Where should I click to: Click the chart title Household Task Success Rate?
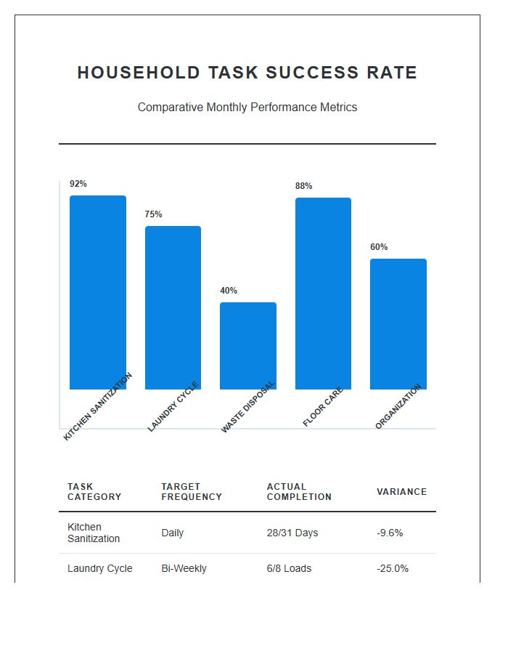click(247, 73)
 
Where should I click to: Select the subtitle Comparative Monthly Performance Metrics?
click(247, 107)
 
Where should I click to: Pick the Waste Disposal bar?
click(248, 346)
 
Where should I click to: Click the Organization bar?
click(398, 324)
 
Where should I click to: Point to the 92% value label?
click(78, 184)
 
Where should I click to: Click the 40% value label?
click(229, 291)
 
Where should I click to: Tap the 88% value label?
click(303, 186)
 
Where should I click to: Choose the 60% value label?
click(379, 247)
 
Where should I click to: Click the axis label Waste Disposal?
click(249, 407)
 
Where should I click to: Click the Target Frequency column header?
click(192, 492)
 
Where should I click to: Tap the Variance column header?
click(401, 492)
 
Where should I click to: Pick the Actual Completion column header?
click(299, 492)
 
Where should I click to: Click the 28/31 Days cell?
click(292, 533)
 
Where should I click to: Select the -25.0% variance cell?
click(393, 568)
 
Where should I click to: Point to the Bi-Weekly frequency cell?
click(184, 568)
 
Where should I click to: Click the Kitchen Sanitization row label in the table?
click(94, 533)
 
